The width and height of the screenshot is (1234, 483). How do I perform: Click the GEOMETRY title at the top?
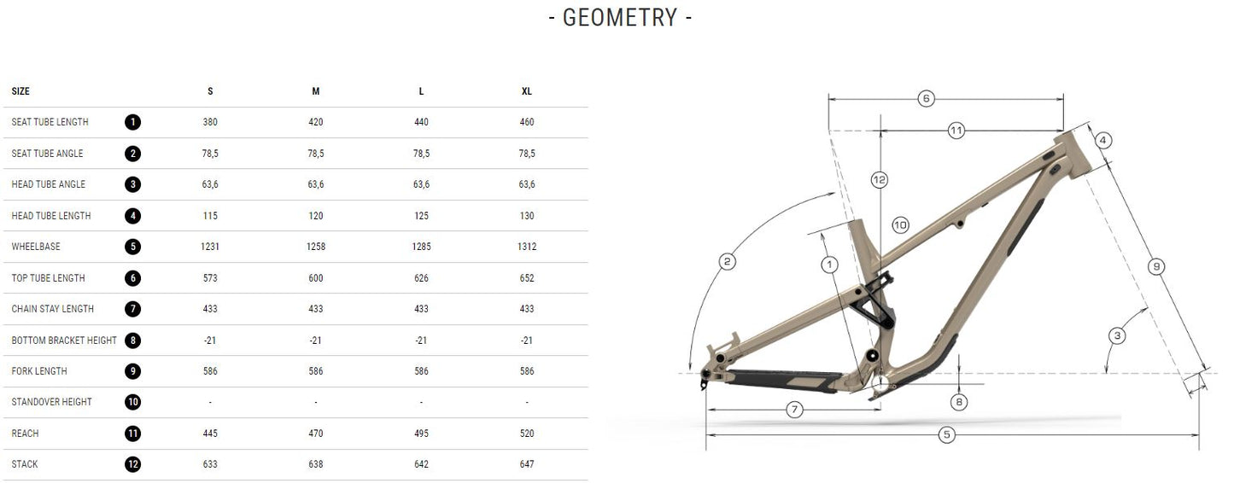pyautogui.click(x=620, y=18)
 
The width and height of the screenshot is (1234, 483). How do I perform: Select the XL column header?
pyautogui.click(x=527, y=91)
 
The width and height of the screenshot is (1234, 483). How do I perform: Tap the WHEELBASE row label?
pyautogui.click(x=36, y=247)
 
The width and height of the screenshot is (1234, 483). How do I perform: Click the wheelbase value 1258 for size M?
pyautogui.click(x=316, y=247)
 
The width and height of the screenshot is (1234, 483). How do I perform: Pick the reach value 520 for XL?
pyautogui.click(x=527, y=434)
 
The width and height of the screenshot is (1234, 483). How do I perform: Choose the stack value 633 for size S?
pyautogui.click(x=210, y=464)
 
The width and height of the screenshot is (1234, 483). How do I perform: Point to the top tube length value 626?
pyautogui.click(x=421, y=278)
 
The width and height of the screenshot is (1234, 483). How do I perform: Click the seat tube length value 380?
pyautogui.click(x=210, y=122)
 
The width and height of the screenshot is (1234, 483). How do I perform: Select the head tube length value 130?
pyautogui.click(x=527, y=216)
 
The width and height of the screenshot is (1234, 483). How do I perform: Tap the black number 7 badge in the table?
pyautogui.click(x=132, y=309)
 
